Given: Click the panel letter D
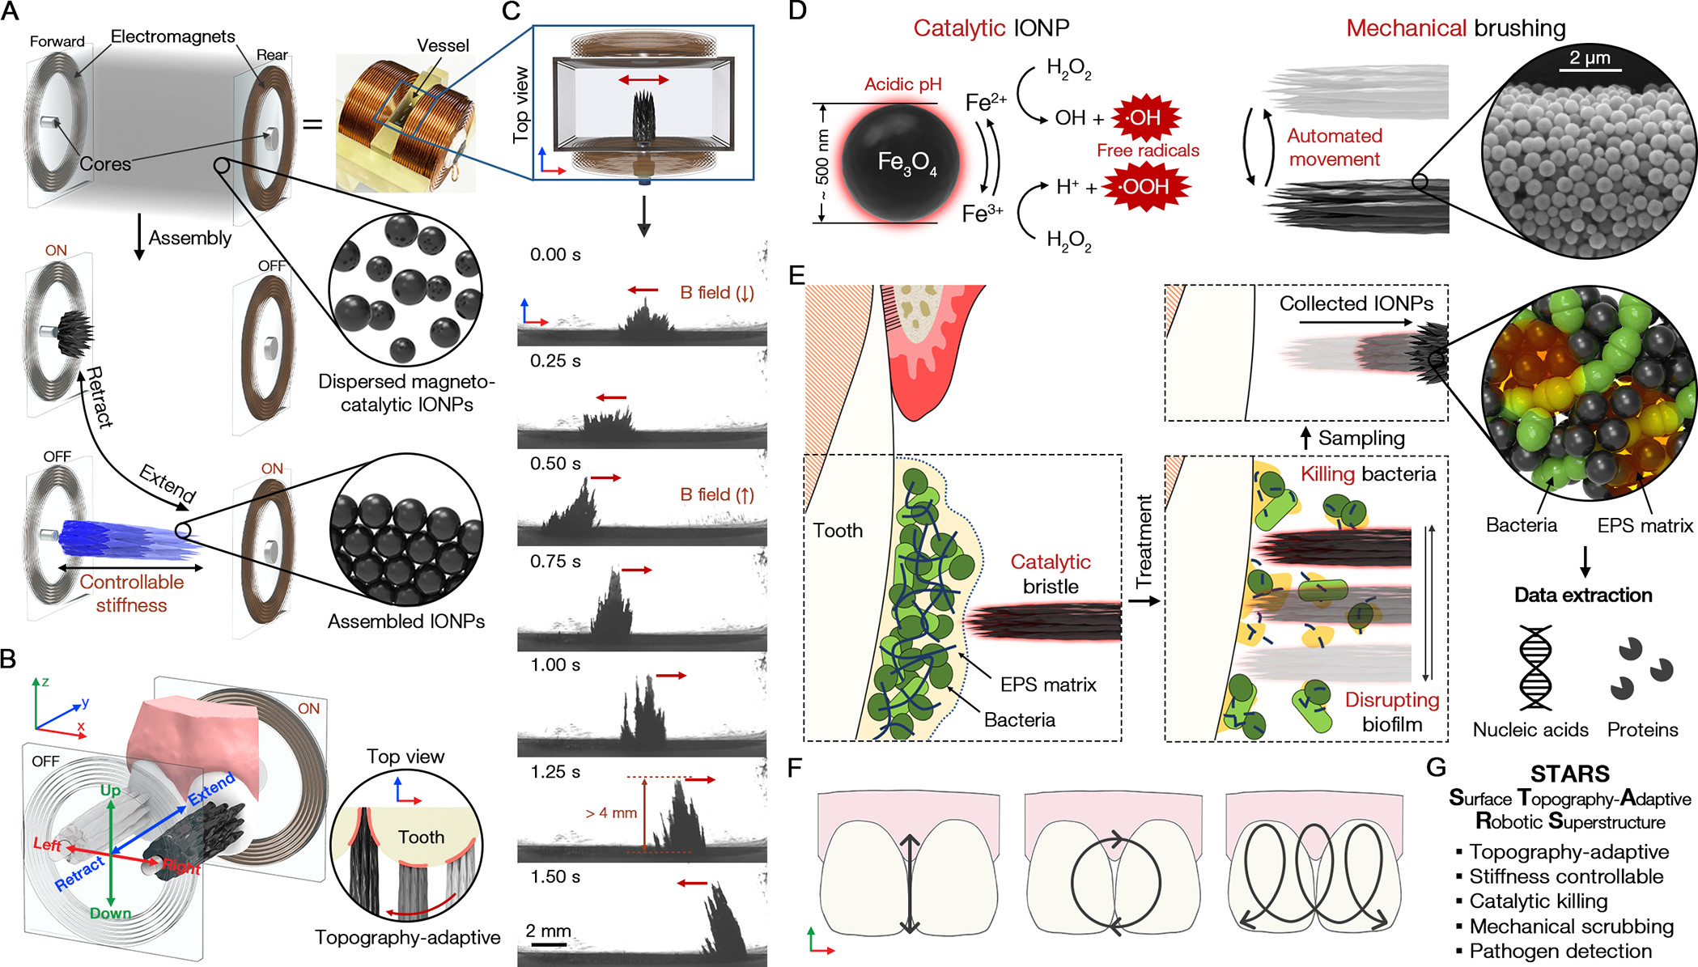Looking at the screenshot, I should tap(797, 11).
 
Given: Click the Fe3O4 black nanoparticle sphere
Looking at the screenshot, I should tap(900, 163).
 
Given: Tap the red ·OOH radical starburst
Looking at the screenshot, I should tap(1145, 187).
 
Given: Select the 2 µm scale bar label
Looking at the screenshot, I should tap(1590, 58).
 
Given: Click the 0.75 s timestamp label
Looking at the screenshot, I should tap(555, 562).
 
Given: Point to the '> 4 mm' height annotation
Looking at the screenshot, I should tap(611, 812).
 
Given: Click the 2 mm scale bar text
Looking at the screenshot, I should tap(548, 931).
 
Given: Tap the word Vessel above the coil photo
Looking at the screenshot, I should tap(443, 45).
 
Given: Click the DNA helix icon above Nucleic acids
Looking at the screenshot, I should tap(1535, 668).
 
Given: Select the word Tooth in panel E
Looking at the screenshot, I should tap(838, 531).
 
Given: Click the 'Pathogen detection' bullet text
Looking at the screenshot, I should tap(1560, 951).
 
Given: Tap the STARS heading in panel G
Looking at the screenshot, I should tap(1569, 774).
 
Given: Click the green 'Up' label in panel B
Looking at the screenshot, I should tap(110, 790).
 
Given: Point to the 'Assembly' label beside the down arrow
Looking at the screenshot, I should tap(190, 238).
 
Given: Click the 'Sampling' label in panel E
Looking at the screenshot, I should tap(1361, 438).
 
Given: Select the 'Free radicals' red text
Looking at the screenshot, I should tap(1148, 151).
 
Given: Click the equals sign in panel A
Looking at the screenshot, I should tap(312, 124).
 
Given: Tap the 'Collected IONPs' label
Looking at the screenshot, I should tap(1356, 303).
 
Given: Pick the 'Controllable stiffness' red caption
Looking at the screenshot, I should tap(131, 593).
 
